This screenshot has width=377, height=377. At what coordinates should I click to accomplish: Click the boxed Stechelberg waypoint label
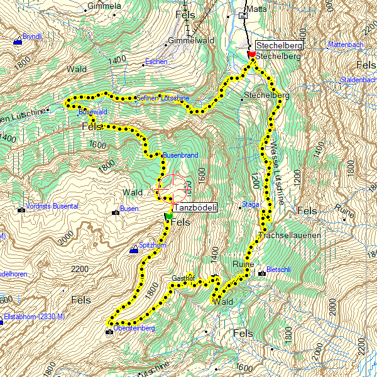[x=279, y=46]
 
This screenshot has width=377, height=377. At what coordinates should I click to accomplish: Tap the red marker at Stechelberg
[x=251, y=55]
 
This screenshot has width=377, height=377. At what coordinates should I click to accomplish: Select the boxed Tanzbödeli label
[x=195, y=208]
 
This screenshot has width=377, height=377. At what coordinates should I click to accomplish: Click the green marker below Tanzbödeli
[x=168, y=217]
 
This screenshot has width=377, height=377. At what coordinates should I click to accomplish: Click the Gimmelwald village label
[x=187, y=41]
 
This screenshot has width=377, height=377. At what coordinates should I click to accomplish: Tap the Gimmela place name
[x=104, y=6]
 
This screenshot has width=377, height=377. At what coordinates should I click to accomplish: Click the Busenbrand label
[x=181, y=155]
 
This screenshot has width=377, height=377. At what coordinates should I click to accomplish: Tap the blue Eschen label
[x=156, y=62]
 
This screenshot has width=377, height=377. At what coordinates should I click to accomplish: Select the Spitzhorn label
[x=152, y=245]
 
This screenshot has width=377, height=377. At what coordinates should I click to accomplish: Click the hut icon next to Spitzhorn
[x=133, y=250]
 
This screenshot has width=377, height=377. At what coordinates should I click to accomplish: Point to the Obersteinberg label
[x=134, y=328]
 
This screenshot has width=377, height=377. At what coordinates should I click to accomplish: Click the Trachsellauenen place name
[x=290, y=235]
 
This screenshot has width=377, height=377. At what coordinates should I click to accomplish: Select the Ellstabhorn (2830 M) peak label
[x=35, y=316]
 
